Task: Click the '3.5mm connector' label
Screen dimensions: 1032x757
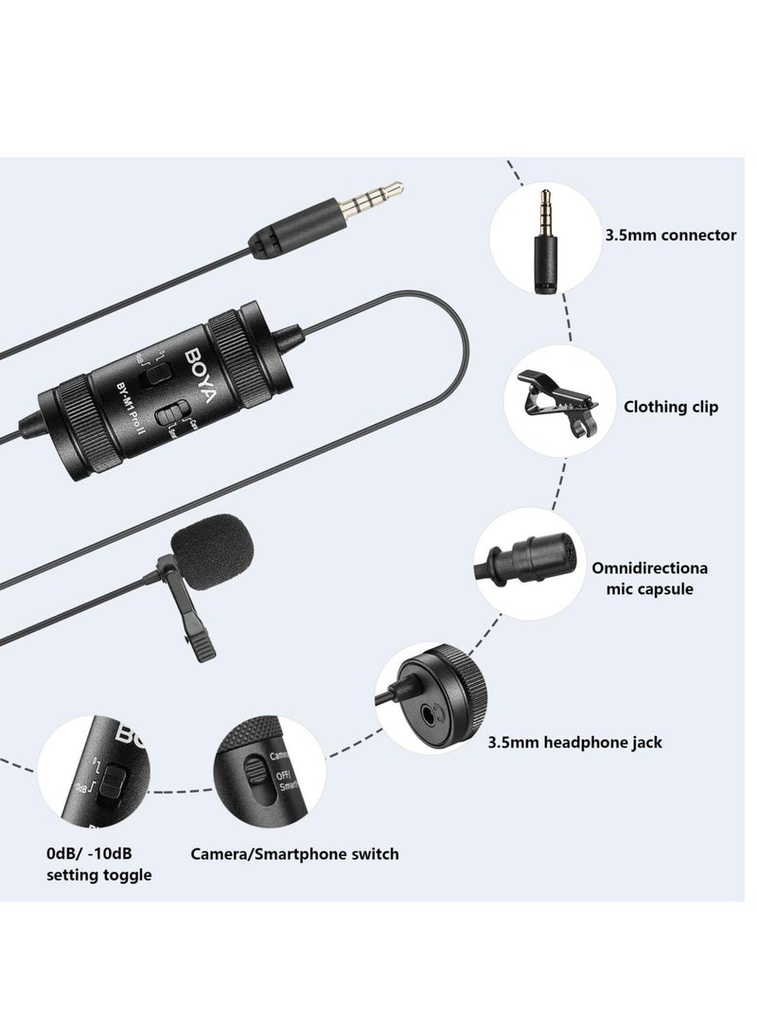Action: (670, 235)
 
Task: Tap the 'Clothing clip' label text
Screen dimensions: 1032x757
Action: (670, 407)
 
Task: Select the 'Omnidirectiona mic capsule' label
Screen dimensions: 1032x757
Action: (662, 578)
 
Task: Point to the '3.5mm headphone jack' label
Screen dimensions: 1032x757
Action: (588, 743)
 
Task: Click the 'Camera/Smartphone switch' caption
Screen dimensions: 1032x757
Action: (294, 854)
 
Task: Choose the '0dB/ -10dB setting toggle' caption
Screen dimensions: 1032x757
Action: (98, 865)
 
